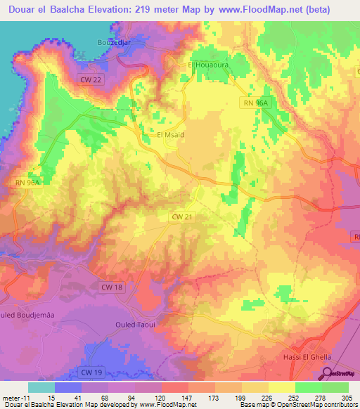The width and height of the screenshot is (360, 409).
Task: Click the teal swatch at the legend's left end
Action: tap(41, 387)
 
